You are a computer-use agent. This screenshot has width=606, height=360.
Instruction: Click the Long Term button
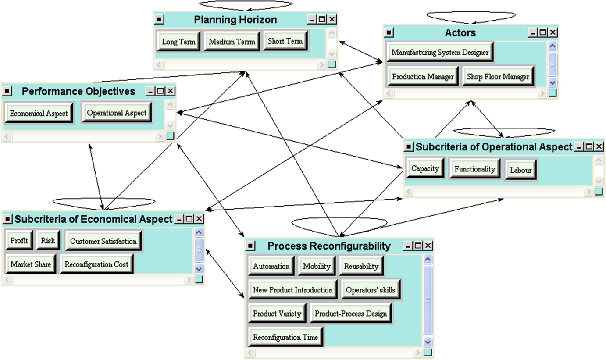tap(178, 42)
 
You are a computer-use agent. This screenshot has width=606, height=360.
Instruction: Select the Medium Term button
tap(232, 42)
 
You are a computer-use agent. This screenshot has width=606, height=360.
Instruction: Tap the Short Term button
tap(285, 41)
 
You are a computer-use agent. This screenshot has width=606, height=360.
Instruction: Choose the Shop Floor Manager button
tap(498, 77)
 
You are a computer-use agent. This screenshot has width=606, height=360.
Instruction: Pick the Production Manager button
tap(423, 77)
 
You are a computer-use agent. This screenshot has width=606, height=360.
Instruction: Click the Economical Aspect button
tap(39, 114)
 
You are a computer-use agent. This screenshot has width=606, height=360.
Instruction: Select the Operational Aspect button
tap(117, 113)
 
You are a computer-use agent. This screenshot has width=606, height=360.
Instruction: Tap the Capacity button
tap(425, 168)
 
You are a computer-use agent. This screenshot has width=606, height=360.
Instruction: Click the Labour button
tap(520, 170)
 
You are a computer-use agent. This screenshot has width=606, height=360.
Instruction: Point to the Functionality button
tap(474, 169)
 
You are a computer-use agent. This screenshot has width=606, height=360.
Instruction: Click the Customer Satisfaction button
tap(103, 241)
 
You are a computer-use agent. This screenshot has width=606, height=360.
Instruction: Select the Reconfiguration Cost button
tap(96, 264)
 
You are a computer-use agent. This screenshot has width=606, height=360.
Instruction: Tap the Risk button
tap(48, 241)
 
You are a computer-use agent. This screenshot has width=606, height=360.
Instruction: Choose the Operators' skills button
tap(371, 290)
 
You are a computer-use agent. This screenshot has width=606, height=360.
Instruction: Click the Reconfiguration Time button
tap(285, 338)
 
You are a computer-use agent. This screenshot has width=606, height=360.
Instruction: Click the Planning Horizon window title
tap(235, 20)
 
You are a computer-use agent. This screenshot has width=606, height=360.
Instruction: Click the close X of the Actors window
tap(553, 32)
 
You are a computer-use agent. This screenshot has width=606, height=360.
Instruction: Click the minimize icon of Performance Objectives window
tap(151, 91)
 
